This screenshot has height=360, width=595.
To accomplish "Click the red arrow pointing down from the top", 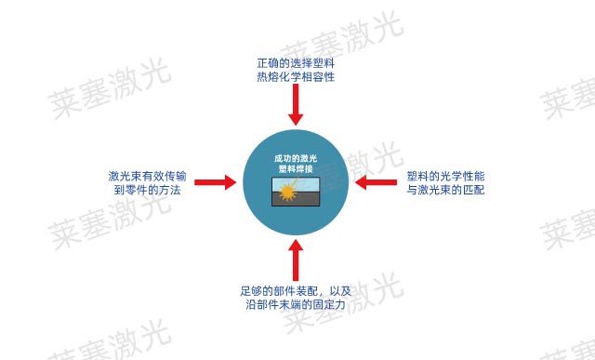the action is point(296,107).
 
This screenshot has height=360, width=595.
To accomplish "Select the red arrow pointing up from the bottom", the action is point(296,260).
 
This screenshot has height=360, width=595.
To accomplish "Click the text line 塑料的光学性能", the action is point(446,175).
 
